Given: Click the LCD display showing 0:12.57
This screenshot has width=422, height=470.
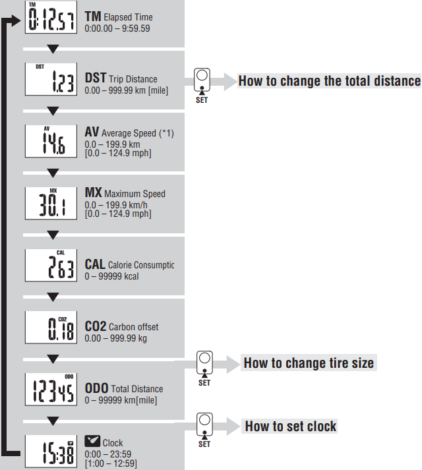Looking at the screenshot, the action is [51, 16].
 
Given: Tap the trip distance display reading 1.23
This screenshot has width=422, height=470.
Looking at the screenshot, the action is [51, 79].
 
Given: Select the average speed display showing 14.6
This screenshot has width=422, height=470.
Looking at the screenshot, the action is [51, 141].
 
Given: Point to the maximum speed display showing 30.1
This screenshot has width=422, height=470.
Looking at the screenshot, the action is [51, 203].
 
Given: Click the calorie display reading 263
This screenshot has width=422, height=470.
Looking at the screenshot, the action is [51, 265].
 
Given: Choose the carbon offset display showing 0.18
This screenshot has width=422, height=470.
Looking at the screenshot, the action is [51, 328].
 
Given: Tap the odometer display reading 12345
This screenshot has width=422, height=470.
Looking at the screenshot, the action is [51, 390].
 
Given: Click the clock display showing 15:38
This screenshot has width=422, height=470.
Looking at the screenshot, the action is [51, 452].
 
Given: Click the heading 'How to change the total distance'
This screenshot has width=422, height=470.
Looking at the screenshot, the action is [329, 81].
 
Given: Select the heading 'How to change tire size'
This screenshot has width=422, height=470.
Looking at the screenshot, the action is [309, 363].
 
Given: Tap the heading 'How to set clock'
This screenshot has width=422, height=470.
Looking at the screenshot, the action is [291, 426].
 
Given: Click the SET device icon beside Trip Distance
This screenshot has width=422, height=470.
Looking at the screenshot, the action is [202, 80].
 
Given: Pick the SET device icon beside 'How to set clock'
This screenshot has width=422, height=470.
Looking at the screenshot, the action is [204, 425].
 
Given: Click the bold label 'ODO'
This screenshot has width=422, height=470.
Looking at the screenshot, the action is [96, 388].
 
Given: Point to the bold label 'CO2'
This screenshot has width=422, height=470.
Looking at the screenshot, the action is [96, 326].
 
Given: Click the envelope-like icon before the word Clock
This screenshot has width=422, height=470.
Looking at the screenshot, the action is [92, 441].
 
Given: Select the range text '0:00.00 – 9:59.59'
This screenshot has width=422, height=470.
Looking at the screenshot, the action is [117, 28].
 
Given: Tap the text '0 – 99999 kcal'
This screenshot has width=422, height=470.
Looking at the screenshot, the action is [111, 276].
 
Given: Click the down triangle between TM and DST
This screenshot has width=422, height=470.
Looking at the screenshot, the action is [53, 49].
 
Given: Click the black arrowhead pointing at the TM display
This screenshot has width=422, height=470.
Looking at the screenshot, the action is [16, 20].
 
